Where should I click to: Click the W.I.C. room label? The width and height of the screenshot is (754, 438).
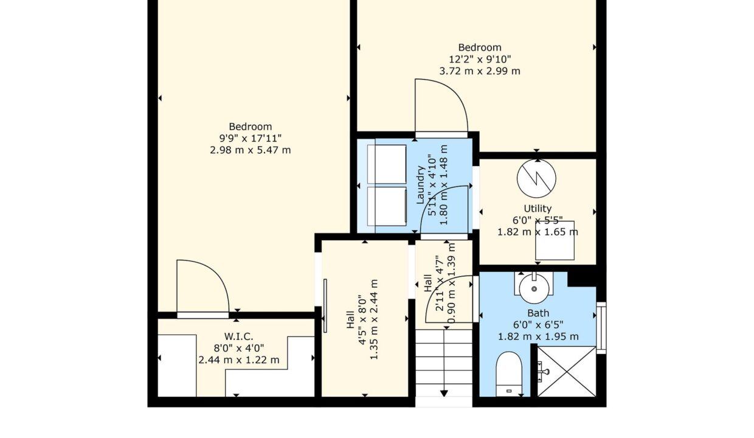pyautogui.click(x=238, y=336)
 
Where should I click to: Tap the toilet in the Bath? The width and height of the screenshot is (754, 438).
pyautogui.click(x=509, y=374)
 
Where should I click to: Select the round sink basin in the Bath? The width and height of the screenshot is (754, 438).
pyautogui.click(x=534, y=289)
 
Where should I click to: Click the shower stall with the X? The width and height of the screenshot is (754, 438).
pyautogui.click(x=567, y=371)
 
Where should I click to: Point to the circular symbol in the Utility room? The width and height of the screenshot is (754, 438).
pyautogui.click(x=536, y=178)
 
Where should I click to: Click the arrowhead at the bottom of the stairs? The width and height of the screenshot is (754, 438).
pyautogui.click(x=444, y=393)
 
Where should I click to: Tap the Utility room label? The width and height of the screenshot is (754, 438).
pyautogui.click(x=538, y=209)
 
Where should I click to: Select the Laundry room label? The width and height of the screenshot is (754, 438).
pyautogui.click(x=420, y=185)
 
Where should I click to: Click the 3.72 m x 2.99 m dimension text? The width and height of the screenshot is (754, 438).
pyautogui.click(x=480, y=71)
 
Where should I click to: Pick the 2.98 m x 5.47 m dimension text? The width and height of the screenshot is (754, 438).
pyautogui.click(x=250, y=150)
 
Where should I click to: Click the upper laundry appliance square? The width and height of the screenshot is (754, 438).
pyautogui.click(x=387, y=164)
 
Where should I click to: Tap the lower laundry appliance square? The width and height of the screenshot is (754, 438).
pyautogui.click(x=387, y=206)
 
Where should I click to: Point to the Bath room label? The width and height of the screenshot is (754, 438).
pyautogui.click(x=538, y=313)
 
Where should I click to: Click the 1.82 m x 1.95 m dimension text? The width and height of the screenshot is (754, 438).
pyautogui.click(x=538, y=336)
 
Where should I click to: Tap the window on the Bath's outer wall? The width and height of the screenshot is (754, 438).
pyautogui.click(x=601, y=328)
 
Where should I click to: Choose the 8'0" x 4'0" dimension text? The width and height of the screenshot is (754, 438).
pyautogui.click(x=238, y=348)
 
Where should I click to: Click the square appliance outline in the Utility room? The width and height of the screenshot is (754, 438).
pyautogui.click(x=555, y=240)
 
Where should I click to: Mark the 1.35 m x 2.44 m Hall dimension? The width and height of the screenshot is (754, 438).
pyautogui.click(x=373, y=319)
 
